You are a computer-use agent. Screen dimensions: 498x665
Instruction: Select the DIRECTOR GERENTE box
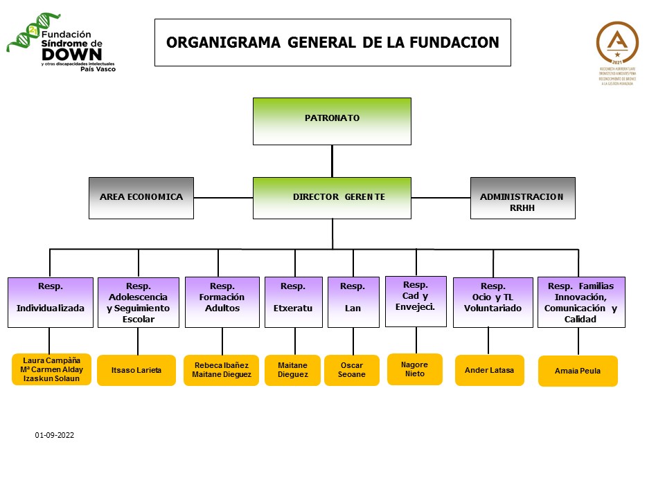pos(332,198)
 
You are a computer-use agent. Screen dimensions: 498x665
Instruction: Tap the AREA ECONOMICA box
pos(141,198)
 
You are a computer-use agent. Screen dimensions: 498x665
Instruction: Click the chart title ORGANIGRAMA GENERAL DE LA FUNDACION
pos(332,42)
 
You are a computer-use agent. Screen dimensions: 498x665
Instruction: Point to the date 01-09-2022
pos(55,436)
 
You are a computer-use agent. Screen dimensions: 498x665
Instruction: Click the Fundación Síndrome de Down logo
pos(62,47)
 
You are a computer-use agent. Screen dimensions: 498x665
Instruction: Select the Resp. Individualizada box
pos(50,302)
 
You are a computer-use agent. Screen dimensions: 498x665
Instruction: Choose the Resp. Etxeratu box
pos(293,302)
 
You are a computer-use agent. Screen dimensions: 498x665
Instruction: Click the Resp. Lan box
pos(353,302)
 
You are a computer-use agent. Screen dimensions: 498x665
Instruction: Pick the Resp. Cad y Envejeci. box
pos(416,301)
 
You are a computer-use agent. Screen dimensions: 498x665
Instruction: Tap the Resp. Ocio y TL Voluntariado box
pos(493,302)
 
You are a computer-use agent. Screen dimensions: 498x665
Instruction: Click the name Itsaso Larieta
pos(136,371)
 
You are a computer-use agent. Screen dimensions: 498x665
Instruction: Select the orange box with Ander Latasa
pos(489,371)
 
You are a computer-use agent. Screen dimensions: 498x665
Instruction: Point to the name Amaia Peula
pos(577,371)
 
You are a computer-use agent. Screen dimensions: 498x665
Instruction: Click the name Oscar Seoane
pos(352,370)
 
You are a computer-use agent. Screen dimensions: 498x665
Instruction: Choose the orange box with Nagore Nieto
pos(414,369)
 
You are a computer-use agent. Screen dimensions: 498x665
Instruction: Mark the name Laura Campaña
pos(51,360)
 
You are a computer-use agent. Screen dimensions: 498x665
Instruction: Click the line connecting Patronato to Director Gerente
pos(332,161)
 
